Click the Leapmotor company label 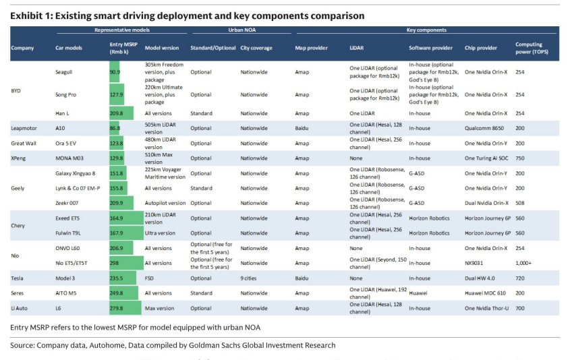coord(24,128)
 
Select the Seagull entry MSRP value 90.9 coord(115,72)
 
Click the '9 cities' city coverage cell coord(248,278)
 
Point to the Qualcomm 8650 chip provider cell coord(484,128)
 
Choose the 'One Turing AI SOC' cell coord(486,158)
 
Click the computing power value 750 coord(520,158)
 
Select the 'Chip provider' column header coord(480,48)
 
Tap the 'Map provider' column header coord(311,48)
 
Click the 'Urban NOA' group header coord(241,30)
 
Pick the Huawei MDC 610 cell coord(485,293)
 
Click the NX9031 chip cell coord(474,263)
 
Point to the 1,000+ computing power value coord(523,263)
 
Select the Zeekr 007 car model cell coord(67,203)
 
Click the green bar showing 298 coord(127,263)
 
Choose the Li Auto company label coord(20,308)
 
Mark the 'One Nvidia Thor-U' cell coord(487,308)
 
